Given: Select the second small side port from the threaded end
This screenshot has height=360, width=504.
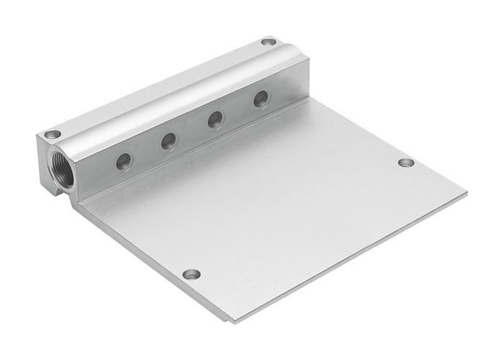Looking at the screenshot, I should click(x=168, y=140).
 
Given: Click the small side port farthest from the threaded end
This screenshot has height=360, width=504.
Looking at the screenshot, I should click(x=260, y=100).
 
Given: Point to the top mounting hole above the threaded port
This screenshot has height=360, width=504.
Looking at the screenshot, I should click(x=51, y=134).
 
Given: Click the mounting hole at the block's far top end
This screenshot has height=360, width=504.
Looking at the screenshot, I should click(x=268, y=42).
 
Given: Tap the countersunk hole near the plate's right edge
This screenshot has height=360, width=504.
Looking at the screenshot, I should click(x=405, y=163).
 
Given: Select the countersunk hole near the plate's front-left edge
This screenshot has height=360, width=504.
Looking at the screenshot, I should click(x=191, y=274).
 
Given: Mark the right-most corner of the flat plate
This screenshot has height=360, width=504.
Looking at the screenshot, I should click(x=467, y=193).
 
